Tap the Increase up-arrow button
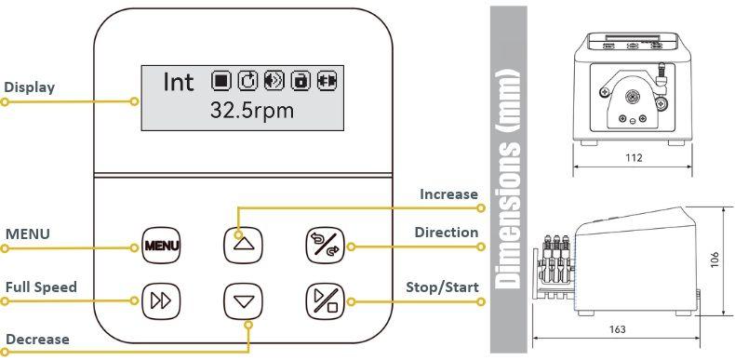[243, 245]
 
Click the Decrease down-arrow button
[243, 301]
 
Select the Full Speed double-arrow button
[161, 301]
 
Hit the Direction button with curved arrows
[325, 245]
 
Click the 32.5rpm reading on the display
[252, 111]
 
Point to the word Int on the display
[178, 82]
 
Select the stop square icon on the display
[220, 81]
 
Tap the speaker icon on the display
[274, 81]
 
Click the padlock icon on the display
[301, 81]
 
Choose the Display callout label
[30, 87]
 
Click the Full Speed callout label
[41, 287]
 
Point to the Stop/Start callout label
[442, 287]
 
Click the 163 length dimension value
[617, 329]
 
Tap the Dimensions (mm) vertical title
[509, 178]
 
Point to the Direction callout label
[447, 233]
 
